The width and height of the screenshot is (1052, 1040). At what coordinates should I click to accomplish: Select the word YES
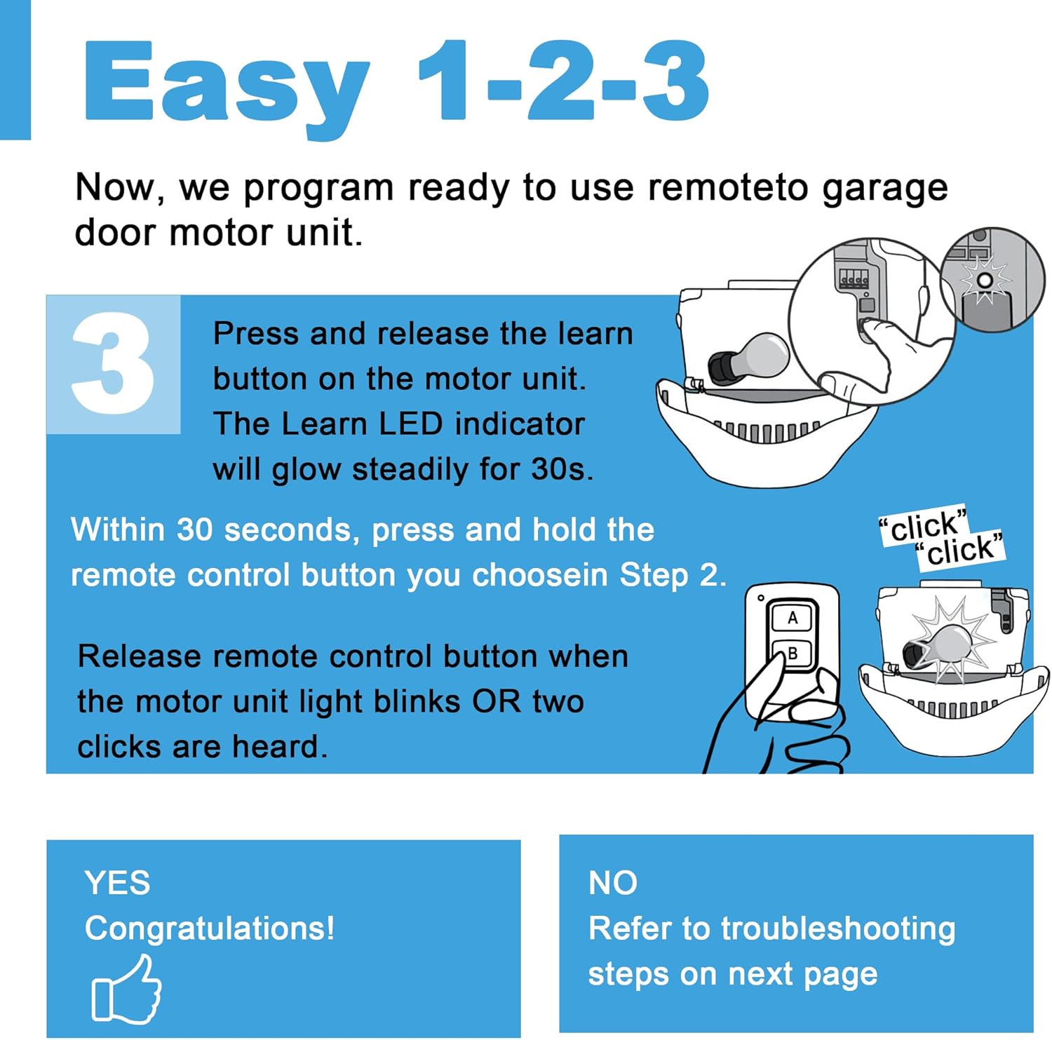pyautogui.click(x=117, y=882)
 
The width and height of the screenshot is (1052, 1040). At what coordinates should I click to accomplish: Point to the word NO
pyautogui.click(x=612, y=882)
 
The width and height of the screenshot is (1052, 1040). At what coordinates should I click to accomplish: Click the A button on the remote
pyautogui.click(x=793, y=618)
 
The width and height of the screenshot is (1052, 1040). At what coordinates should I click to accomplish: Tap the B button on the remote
pyautogui.click(x=793, y=654)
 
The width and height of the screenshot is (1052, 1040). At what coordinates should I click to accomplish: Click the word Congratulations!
pyautogui.click(x=210, y=928)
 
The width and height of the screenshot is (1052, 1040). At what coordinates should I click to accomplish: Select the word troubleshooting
pyautogui.click(x=837, y=928)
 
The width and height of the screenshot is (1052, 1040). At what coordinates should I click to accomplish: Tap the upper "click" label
pyautogui.click(x=924, y=526)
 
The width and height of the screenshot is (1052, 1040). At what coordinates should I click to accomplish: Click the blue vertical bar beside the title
pyautogui.click(x=15, y=70)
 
